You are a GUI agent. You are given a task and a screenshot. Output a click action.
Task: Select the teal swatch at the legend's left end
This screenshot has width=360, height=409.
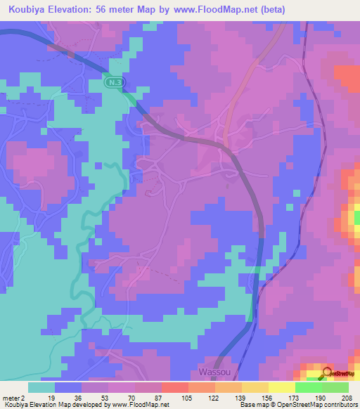coord(41,387)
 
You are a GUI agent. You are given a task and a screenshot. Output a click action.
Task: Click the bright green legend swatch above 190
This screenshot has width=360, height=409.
coord(308,387)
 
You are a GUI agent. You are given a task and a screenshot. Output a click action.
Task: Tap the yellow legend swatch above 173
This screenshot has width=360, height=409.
coord(281,387)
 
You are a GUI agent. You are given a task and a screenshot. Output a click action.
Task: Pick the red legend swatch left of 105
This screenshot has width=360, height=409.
coord(174,387)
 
